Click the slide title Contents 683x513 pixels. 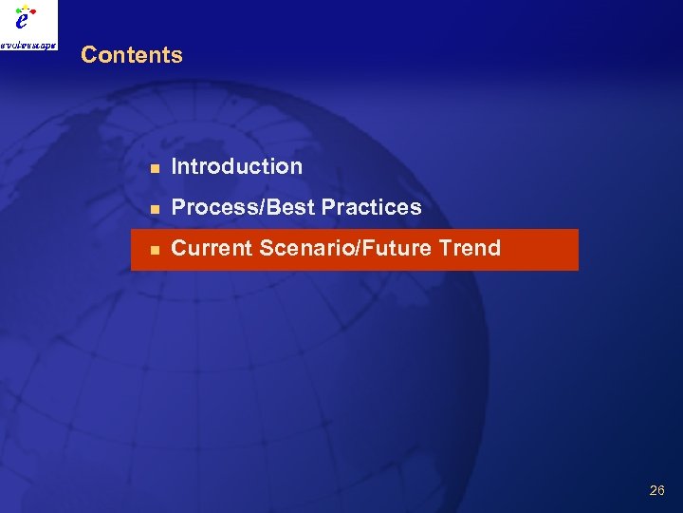131,55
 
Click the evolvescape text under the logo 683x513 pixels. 28,44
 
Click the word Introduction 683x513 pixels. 236,166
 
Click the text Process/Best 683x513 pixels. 244,207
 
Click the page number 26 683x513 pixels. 656,490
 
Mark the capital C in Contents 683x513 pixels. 88,55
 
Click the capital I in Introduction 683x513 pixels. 175,166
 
